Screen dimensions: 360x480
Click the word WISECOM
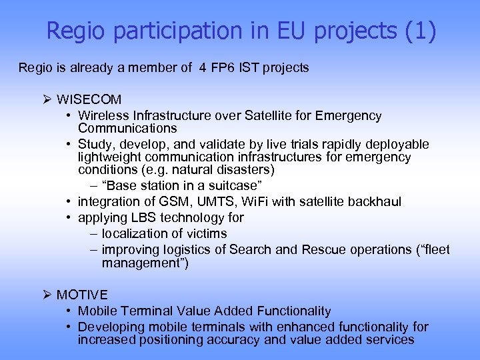89,100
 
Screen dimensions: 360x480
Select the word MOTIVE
82,295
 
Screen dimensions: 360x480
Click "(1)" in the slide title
421,31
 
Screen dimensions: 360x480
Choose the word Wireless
101,116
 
